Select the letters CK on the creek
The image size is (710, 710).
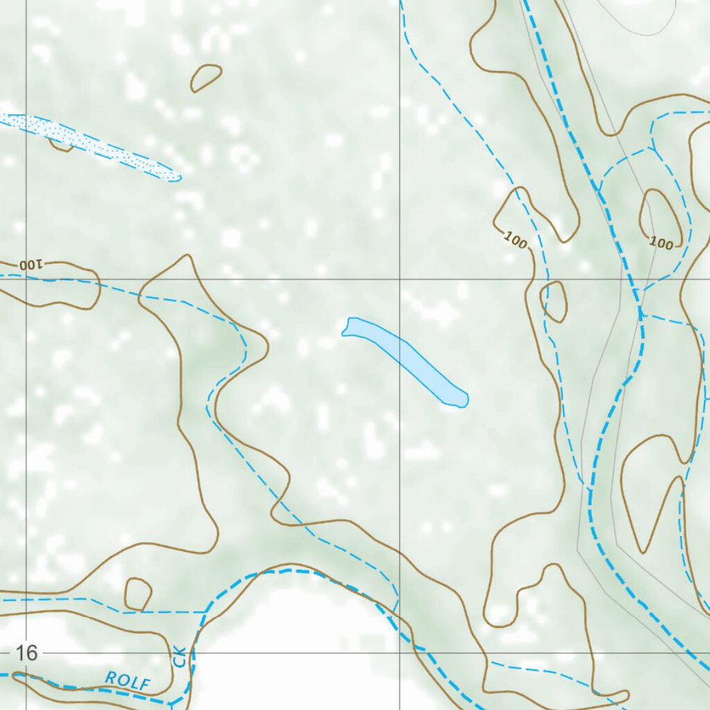click(x=181, y=657)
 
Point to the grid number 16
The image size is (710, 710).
click(x=26, y=652)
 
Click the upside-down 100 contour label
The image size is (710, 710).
click(x=31, y=264)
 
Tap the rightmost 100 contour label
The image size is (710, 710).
click(x=662, y=243)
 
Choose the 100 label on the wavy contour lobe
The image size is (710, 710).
click(x=515, y=240)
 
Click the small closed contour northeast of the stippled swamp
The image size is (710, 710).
click(x=206, y=77)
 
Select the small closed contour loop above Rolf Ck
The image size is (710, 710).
click(x=138, y=594)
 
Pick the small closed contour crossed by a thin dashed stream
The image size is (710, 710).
click(x=553, y=302)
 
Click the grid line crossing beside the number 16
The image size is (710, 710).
click(x=26, y=652)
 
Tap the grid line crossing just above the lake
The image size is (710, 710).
click(x=399, y=279)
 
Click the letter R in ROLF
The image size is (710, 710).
click(x=110, y=677)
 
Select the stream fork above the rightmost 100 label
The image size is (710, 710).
click(x=653, y=148)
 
